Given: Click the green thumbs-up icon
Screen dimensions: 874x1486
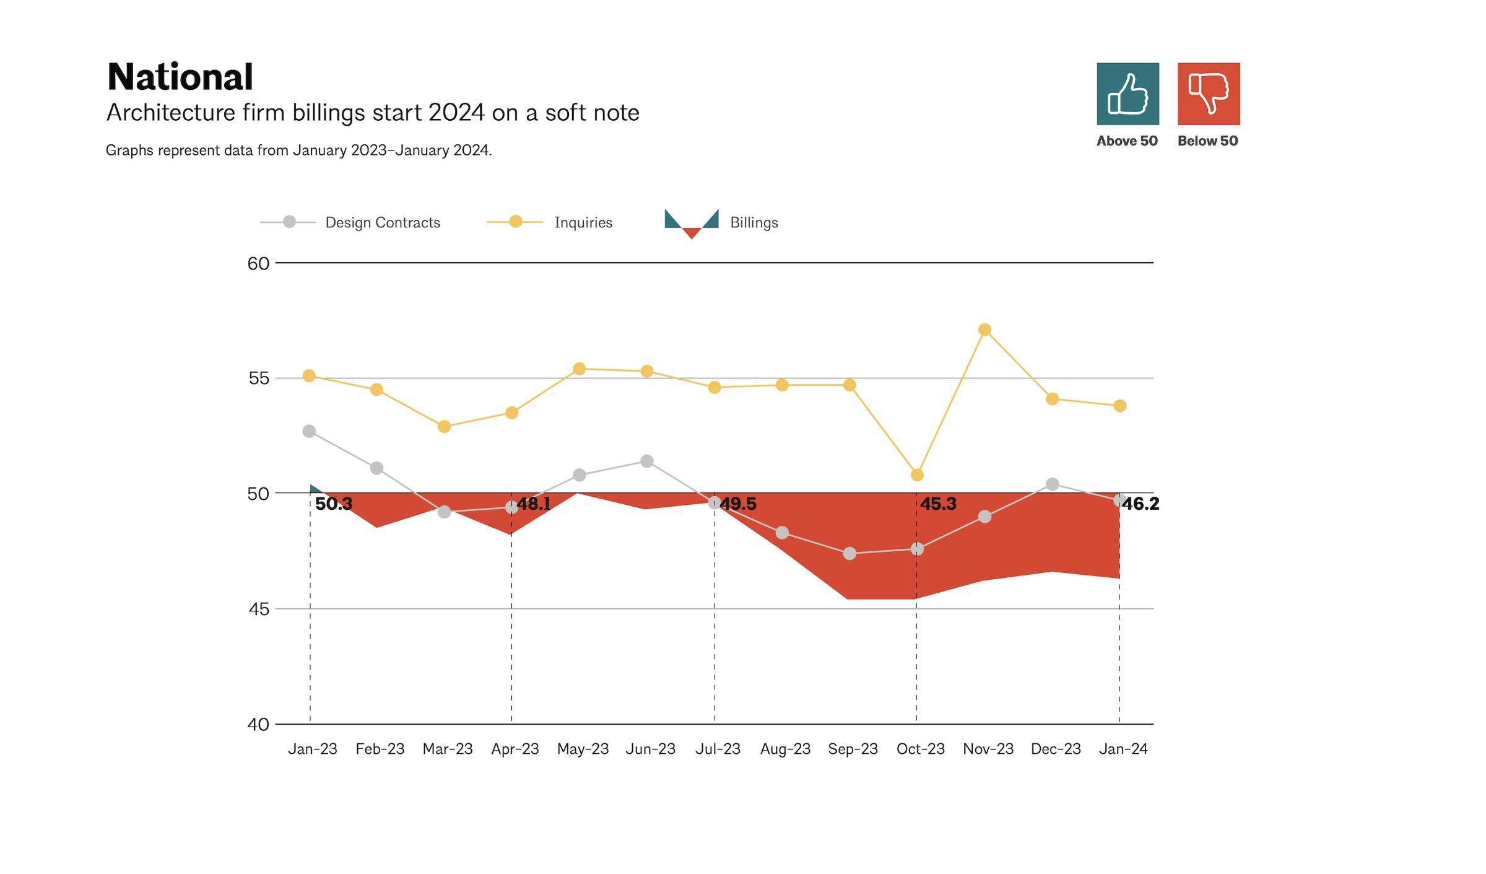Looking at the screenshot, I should [x=1128, y=94].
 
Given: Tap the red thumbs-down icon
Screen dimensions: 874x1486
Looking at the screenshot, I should [x=1208, y=94].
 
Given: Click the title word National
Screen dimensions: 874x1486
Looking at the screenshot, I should [x=180, y=77].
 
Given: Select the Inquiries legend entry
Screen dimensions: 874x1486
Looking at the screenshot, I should [x=583, y=222].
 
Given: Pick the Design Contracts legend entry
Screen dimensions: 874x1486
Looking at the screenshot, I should [x=382, y=222].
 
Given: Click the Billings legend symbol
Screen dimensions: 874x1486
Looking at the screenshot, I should [x=691, y=223].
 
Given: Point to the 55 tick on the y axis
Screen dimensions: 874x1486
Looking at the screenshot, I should [x=259, y=378].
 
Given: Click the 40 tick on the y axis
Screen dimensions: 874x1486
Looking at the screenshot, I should [x=258, y=725].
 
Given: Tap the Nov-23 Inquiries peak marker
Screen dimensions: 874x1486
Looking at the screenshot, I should [x=984, y=330].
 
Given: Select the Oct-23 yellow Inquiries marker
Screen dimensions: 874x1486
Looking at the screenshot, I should [x=917, y=475].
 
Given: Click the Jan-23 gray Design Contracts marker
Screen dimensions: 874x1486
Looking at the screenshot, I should [x=309, y=431].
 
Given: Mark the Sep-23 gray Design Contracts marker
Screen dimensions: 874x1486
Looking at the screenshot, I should [x=849, y=553].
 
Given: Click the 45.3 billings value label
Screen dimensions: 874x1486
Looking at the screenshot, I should [x=937, y=504].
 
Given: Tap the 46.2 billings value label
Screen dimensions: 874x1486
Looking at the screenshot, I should [x=1141, y=504].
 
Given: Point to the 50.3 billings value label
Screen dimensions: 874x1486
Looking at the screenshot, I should [x=333, y=504].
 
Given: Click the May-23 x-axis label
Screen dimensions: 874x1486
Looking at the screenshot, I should [x=583, y=749].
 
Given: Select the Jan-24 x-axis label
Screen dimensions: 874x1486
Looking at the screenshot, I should [x=1123, y=749].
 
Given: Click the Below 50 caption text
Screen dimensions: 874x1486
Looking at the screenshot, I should [x=1207, y=141].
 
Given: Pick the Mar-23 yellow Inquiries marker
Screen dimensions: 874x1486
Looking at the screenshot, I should [x=444, y=427].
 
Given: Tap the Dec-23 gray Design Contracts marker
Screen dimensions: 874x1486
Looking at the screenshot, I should [x=1052, y=484].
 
